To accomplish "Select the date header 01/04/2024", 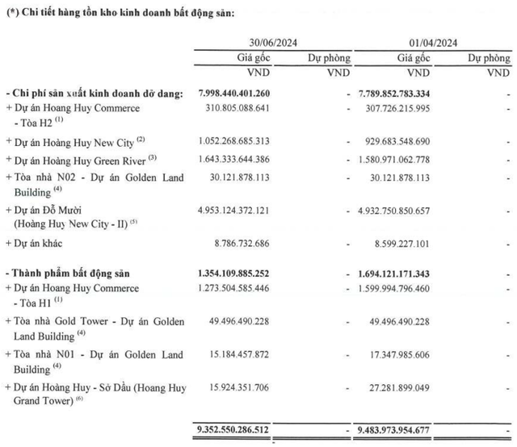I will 432,43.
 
